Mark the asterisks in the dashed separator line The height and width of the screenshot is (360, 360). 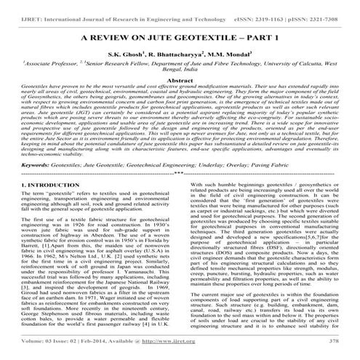[180, 175]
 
